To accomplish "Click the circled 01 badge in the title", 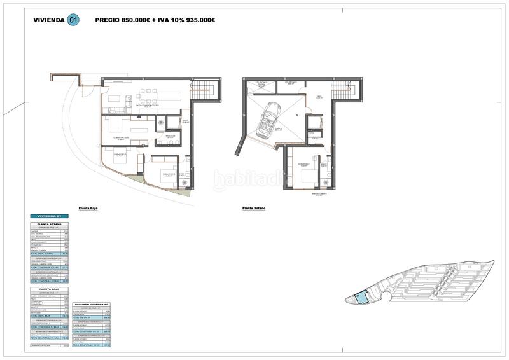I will [74, 20].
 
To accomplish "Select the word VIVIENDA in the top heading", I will [48, 20].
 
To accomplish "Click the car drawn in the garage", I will [269, 120].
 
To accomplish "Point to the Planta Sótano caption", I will [254, 208].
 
